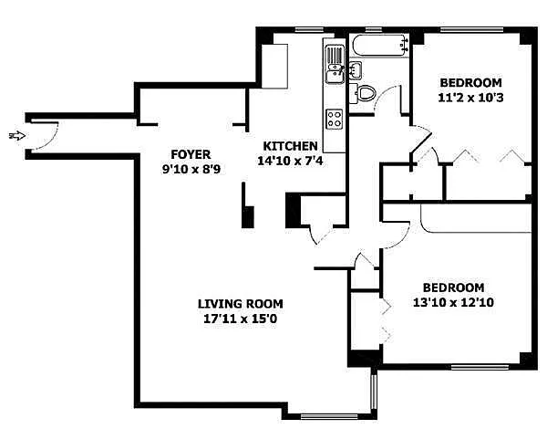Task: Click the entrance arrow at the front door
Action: [x=17, y=136]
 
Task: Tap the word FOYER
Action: [x=191, y=154]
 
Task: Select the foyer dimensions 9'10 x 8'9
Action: [x=191, y=170]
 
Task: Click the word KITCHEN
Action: [x=290, y=146]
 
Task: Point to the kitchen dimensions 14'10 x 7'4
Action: [x=290, y=161]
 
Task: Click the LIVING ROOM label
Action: [x=241, y=304]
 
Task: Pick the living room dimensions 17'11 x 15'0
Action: [x=241, y=319]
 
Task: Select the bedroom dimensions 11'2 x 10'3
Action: [x=470, y=98]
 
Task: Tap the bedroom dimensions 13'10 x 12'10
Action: [x=453, y=302]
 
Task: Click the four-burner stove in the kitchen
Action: [x=335, y=119]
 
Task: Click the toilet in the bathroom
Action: [x=363, y=93]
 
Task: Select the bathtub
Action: [x=380, y=45]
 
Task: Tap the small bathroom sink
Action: [x=356, y=70]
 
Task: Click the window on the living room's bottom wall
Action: [x=329, y=416]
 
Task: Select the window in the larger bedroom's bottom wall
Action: [x=480, y=367]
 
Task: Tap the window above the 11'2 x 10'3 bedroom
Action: [x=471, y=30]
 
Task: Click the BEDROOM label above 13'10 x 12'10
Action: [x=453, y=288]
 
